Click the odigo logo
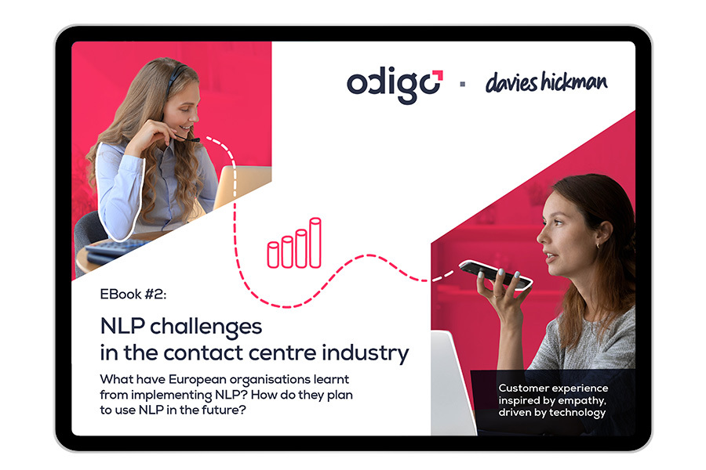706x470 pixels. point(395,86)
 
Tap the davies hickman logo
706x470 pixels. point(546,83)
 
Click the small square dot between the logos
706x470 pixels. point(462,84)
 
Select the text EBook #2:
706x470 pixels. point(133,295)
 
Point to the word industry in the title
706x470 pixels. point(365,353)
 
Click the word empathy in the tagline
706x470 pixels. point(584,401)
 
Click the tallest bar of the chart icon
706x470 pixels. point(315,242)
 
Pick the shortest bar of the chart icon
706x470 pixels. point(273,255)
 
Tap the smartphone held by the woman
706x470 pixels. point(496,274)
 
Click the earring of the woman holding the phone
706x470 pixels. point(598,245)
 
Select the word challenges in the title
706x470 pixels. point(206,327)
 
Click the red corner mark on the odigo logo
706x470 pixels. point(438,75)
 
